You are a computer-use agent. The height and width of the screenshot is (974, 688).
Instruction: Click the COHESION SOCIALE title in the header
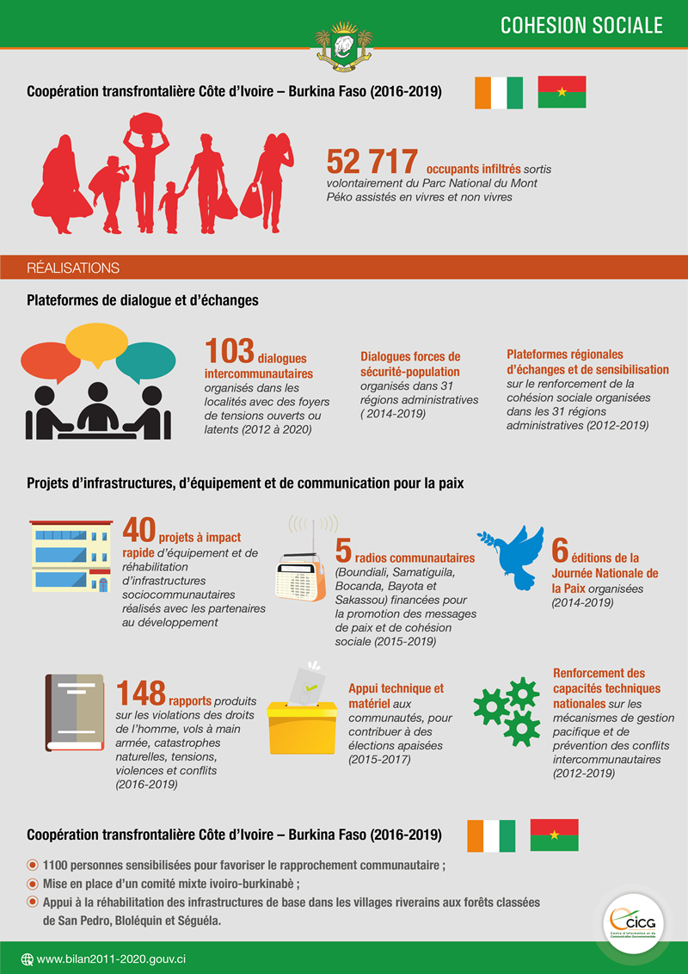581,25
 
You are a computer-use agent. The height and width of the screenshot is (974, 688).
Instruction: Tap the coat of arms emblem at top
344,46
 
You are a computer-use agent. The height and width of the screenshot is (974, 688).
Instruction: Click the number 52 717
372,162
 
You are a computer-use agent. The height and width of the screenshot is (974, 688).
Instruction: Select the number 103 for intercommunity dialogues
229,352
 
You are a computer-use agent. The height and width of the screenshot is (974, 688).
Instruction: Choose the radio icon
302,575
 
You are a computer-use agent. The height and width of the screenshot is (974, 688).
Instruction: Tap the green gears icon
507,711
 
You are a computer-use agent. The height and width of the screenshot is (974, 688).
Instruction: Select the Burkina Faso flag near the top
562,92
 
